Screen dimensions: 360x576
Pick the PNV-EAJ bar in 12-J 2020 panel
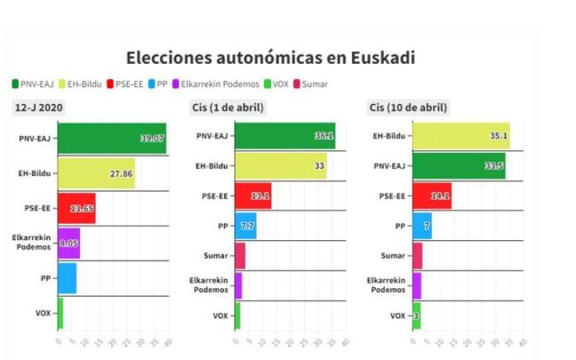(x=111, y=139)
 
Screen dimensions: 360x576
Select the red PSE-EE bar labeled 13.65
(x=76, y=208)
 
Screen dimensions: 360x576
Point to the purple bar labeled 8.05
(x=68, y=243)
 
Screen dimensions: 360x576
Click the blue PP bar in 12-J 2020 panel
(x=67, y=278)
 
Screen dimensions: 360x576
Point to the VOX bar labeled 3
(x=416, y=316)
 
